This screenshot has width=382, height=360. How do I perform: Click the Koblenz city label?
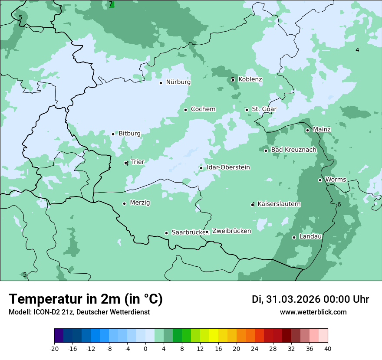coord(250,79)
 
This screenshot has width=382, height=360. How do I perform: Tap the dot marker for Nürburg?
coord(161,82)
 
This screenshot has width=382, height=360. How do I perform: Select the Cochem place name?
coord(203,109)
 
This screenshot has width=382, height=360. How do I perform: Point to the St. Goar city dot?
coord(247,110)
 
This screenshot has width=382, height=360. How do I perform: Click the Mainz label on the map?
coord(322,130)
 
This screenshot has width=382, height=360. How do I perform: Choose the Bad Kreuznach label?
coord(293,150)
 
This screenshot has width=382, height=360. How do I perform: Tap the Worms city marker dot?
coord(320,180)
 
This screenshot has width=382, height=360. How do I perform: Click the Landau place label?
coord(310,237)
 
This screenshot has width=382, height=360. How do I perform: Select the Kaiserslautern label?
coord(279,204)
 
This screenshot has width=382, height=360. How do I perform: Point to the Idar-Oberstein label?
coord(228,167)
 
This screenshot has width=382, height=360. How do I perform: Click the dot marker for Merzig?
coord(124,203)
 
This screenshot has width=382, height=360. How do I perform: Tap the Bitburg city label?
coord(129,134)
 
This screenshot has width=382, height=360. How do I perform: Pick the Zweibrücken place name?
coord(231,231)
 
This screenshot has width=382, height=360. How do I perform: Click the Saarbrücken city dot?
coord(166,233)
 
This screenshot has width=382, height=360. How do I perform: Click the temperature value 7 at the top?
coord(111,4)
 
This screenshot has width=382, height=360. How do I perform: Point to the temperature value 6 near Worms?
coord(339,204)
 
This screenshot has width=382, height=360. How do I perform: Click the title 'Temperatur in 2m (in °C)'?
coord(86,299)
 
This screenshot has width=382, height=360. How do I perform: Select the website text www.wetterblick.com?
coord(313,312)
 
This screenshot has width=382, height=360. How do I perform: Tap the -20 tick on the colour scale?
coord(54,348)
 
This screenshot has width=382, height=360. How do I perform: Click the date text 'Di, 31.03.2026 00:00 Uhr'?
coord(310,299)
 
